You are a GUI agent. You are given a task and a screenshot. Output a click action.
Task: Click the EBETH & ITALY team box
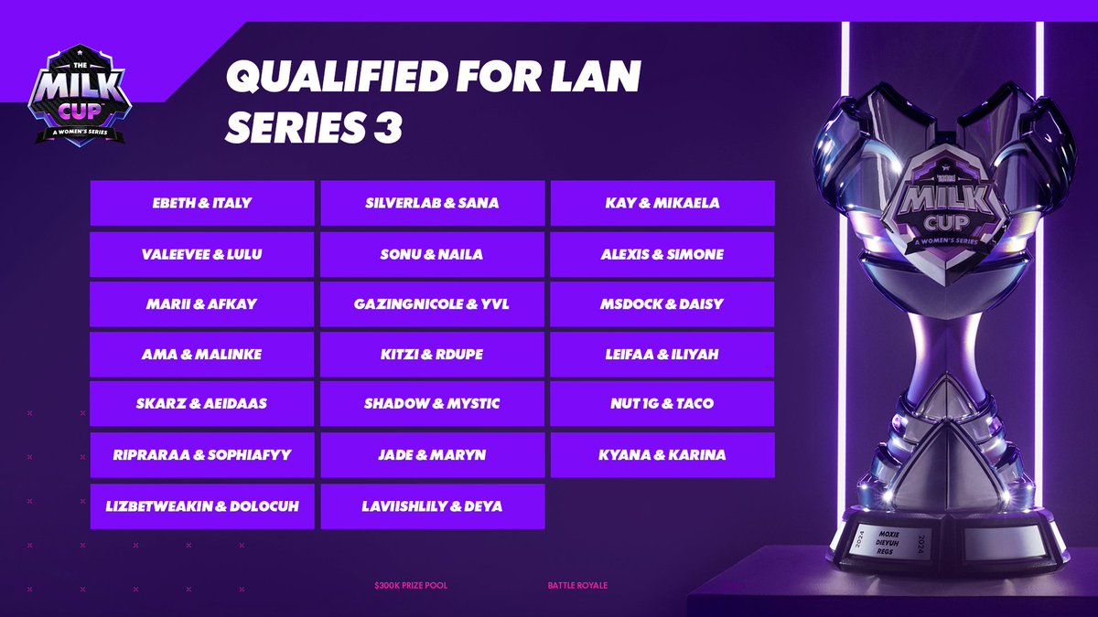(202, 203)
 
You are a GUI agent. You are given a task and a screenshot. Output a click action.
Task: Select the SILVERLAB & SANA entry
(433, 203)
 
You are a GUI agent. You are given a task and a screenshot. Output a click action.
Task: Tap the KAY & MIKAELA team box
(662, 203)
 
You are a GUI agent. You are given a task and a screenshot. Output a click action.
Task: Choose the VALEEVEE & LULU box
(202, 254)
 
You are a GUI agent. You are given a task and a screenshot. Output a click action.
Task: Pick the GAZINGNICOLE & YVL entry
(433, 304)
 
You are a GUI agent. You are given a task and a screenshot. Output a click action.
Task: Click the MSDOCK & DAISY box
(662, 304)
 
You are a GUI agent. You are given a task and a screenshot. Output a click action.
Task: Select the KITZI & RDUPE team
(433, 354)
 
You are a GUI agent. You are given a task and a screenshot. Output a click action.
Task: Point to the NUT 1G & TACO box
(662, 403)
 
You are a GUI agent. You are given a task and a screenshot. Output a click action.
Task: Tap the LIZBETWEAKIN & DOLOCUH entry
(202, 505)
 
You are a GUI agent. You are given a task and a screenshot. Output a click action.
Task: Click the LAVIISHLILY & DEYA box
(433, 505)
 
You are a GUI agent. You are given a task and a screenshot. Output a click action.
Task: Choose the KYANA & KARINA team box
(662, 454)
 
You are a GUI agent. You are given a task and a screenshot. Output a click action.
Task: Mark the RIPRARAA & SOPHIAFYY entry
(202, 454)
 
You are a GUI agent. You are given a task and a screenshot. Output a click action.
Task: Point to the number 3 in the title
(388, 128)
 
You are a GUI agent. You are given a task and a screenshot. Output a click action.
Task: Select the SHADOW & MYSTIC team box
(433, 403)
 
